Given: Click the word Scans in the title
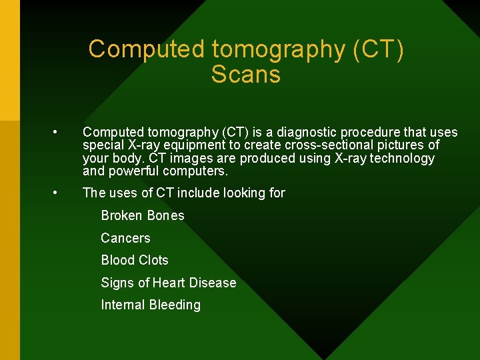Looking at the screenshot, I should point(245,75).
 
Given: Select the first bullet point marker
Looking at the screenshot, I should point(59,133).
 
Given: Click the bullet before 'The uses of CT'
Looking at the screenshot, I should point(59,193).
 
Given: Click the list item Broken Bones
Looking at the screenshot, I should point(142,215).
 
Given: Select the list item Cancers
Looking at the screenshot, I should point(125,238).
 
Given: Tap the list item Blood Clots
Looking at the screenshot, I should point(134,260).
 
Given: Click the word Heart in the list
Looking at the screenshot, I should point(169,283).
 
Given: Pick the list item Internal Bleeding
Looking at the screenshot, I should point(150,305).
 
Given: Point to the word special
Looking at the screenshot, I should point(103,145).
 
